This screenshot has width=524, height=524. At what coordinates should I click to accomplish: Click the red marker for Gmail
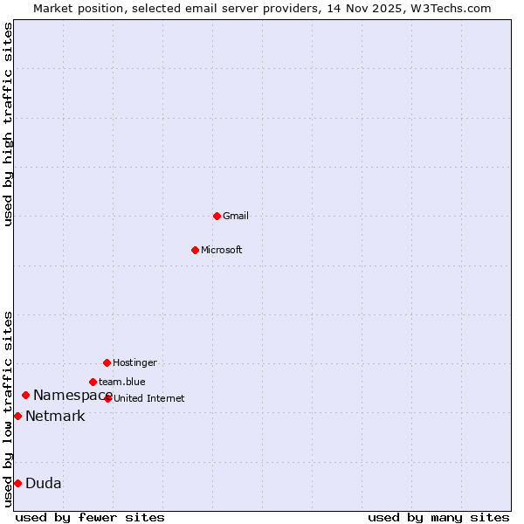click(217, 216)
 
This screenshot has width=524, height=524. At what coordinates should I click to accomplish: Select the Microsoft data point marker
click(195, 250)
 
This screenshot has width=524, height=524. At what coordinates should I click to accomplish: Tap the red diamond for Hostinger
click(107, 362)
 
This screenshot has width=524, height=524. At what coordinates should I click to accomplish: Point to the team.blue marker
click(93, 382)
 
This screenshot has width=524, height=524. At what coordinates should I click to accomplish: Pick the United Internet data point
click(107, 398)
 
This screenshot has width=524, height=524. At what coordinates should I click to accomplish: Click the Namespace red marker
click(25, 396)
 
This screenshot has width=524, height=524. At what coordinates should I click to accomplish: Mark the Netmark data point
click(17, 416)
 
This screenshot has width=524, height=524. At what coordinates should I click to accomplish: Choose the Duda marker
click(17, 483)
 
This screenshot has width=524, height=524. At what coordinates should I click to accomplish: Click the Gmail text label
click(236, 216)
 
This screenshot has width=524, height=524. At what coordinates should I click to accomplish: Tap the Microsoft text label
click(222, 250)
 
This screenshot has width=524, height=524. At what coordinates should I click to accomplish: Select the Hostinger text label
click(134, 362)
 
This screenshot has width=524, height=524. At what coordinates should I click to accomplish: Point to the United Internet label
click(149, 398)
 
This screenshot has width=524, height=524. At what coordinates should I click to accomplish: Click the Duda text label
click(44, 483)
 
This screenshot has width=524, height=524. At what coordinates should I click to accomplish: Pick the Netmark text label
click(55, 416)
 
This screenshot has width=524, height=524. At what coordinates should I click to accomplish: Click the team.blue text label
click(122, 382)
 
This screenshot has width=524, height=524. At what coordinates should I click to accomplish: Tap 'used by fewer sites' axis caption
click(90, 517)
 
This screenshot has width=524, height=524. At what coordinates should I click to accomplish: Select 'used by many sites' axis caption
click(438, 517)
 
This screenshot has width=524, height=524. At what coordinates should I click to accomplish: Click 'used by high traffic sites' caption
click(9, 124)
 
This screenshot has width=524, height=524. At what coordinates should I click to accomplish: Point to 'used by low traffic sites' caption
click(9, 408)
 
